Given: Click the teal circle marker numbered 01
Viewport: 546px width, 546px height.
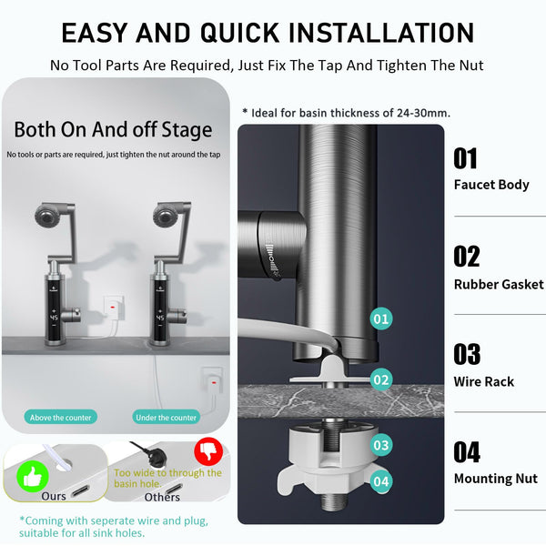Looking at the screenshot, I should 381,319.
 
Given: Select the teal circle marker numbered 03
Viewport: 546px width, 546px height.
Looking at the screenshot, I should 381,445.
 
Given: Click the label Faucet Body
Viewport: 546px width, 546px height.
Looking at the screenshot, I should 491,185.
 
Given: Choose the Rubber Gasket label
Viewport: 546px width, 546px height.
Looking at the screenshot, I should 499,284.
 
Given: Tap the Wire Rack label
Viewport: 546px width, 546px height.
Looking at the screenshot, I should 484,381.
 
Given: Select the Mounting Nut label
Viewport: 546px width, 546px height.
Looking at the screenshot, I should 496,479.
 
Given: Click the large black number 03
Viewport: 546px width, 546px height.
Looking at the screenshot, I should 467,354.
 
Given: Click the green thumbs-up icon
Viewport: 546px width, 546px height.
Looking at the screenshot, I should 29,473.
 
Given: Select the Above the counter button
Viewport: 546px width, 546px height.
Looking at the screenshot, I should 60,417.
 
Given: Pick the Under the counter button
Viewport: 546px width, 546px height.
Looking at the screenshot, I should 166,417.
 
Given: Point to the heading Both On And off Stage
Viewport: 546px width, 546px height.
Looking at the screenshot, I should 113,129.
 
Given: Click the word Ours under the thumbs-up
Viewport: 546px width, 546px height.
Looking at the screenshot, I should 54,497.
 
